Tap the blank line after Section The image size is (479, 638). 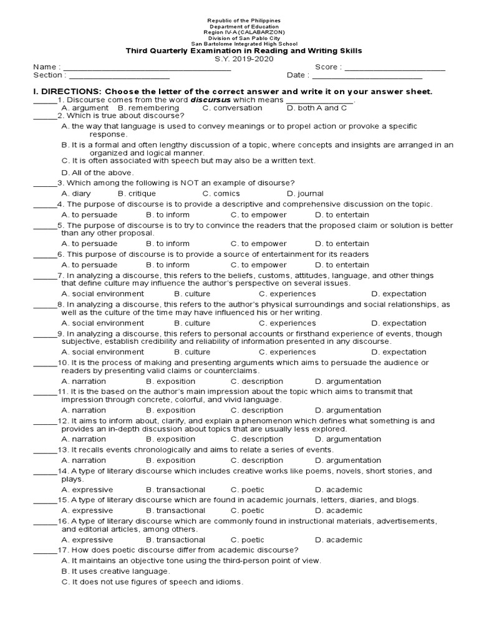pyautogui.click(x=118, y=76)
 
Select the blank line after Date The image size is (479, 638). pyautogui.click(x=367, y=76)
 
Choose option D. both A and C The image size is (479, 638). pyautogui.click(x=312, y=108)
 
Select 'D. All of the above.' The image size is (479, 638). pyautogui.click(x=97, y=173)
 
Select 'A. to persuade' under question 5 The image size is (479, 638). pyautogui.click(x=89, y=244)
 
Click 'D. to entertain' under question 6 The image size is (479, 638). pyautogui.click(x=342, y=265)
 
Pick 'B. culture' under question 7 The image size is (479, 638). pyautogui.click(x=192, y=293)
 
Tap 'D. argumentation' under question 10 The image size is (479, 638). pyautogui.click(x=347, y=381)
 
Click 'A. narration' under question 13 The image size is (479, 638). pyautogui.click(x=84, y=460)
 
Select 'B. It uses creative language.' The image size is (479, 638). pyautogui.click(x=115, y=571)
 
